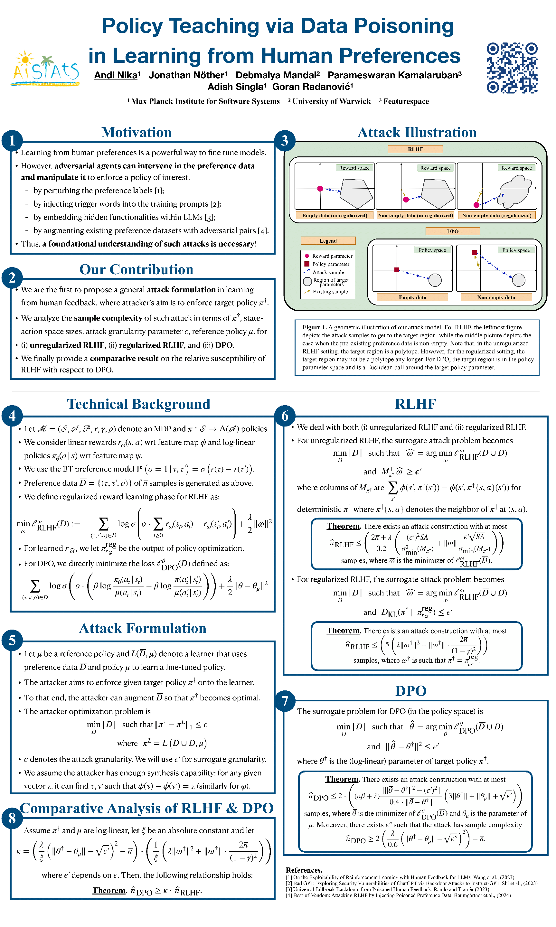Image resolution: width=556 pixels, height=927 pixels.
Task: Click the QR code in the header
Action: click(x=512, y=68)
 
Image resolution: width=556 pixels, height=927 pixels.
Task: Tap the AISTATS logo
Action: click(x=46, y=69)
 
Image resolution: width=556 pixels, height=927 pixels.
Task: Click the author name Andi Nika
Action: click(x=116, y=75)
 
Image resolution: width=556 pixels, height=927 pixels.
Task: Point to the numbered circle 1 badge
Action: click(x=12, y=140)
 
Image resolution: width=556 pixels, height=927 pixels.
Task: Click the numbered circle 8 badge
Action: click(x=12, y=818)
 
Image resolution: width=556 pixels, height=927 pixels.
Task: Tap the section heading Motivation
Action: click(x=137, y=133)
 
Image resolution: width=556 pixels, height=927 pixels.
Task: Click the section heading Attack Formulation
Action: click(x=142, y=629)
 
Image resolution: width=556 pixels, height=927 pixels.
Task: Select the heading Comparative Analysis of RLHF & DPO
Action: click(x=146, y=808)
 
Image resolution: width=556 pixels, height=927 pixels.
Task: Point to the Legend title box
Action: click(x=328, y=241)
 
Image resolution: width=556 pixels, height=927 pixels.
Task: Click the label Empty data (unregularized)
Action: click(x=334, y=215)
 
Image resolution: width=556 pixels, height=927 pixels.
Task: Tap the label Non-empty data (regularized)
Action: click(x=496, y=215)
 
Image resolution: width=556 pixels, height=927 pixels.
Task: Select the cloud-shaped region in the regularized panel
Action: click(x=515, y=190)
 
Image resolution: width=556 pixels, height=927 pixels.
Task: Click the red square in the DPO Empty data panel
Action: click(x=397, y=270)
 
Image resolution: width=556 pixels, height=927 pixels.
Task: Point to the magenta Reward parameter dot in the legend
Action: click(x=307, y=256)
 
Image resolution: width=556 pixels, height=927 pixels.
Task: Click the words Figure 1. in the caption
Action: click(x=314, y=327)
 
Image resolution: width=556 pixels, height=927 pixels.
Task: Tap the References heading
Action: click(x=304, y=870)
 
